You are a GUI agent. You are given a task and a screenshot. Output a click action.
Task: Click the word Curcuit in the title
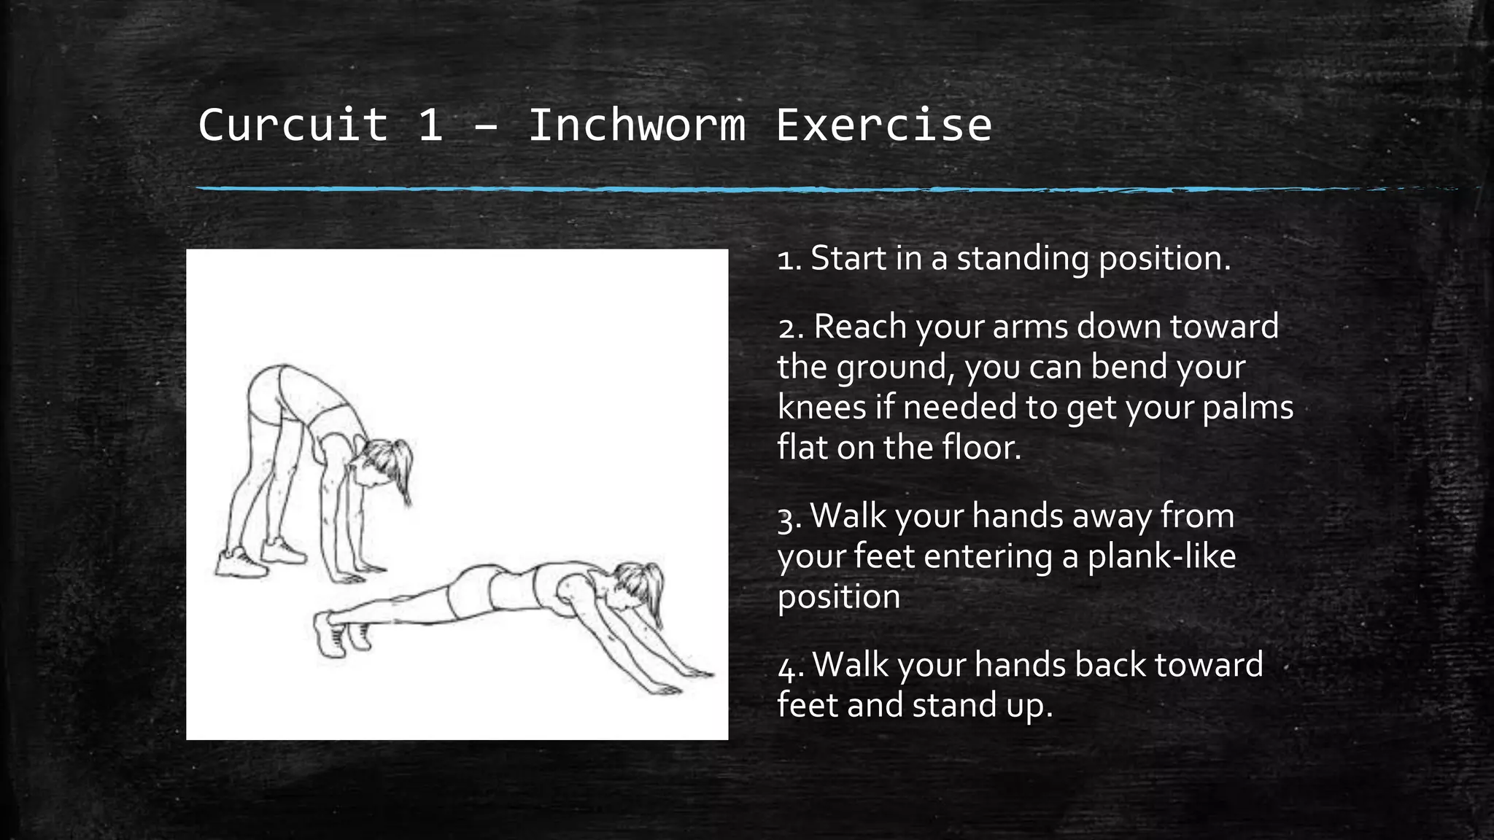click(293, 125)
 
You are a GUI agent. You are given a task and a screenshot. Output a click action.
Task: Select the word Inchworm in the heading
click(637, 125)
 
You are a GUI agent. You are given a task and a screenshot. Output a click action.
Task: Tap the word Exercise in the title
click(883, 125)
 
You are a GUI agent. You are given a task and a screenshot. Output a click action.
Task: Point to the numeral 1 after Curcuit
click(430, 125)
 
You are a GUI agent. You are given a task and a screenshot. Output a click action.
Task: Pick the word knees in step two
click(821, 407)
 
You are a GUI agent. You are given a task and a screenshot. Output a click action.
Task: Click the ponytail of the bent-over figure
click(403, 470)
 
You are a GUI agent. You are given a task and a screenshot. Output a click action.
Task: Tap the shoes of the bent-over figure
click(259, 558)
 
